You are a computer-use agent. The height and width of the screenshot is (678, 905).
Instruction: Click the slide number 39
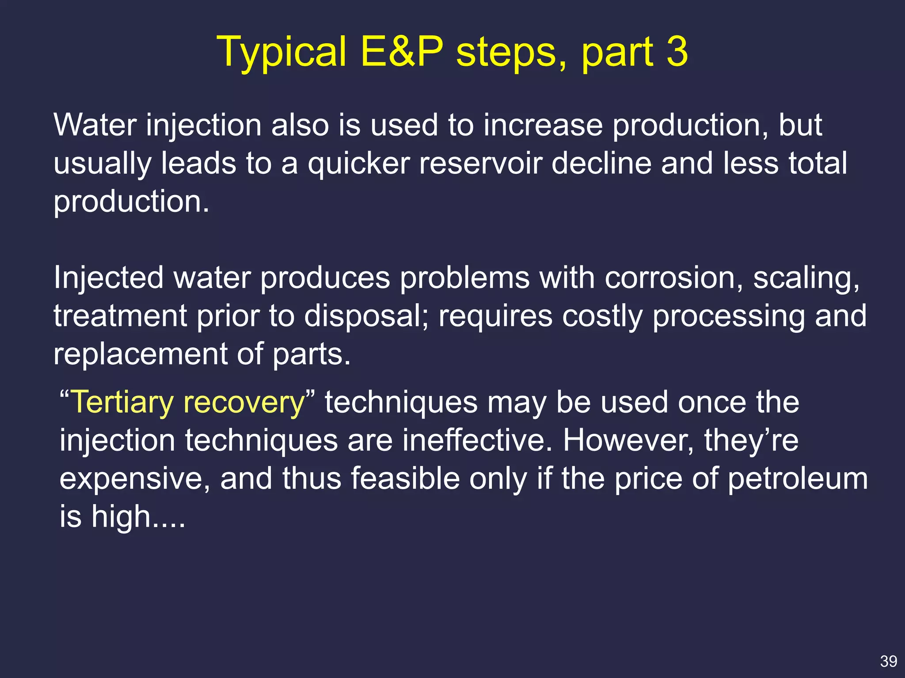[888, 661]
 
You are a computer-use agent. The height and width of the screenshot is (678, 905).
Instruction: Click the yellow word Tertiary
[122, 403]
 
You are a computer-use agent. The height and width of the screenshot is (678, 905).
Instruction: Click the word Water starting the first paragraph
[95, 125]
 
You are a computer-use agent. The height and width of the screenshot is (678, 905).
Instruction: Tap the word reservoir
[480, 163]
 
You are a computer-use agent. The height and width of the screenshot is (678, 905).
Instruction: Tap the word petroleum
[798, 479]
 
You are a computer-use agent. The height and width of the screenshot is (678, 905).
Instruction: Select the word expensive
[135, 479]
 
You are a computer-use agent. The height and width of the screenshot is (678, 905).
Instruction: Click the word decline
[601, 163]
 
